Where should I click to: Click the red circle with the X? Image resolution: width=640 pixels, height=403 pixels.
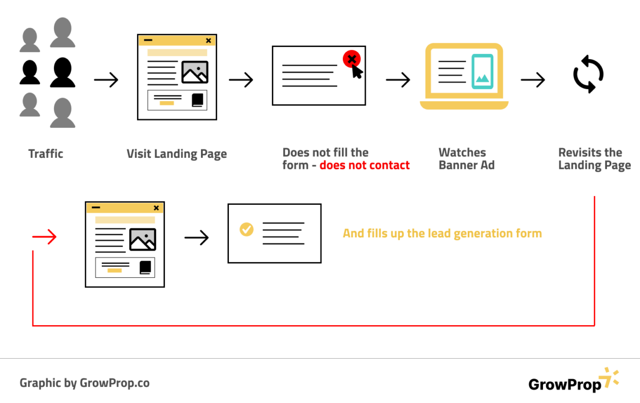click(x=351, y=59)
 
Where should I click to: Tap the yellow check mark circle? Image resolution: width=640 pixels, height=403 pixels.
click(x=246, y=229)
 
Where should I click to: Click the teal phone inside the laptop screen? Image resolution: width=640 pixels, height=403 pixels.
click(x=483, y=71)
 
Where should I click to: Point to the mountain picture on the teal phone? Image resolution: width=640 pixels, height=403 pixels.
click(x=483, y=78)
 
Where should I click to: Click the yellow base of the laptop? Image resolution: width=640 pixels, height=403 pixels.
click(x=464, y=105)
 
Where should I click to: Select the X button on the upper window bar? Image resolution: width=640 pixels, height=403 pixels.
click(x=209, y=41)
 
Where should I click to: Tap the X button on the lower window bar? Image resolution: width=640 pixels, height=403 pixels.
click(x=156, y=208)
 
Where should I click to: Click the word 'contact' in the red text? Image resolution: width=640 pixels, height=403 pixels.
click(x=390, y=166)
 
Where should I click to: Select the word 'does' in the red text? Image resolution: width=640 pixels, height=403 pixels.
click(x=332, y=166)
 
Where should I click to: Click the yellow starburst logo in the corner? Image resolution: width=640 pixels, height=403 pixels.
click(x=609, y=377)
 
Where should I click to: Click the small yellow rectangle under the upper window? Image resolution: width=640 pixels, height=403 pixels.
click(x=167, y=103)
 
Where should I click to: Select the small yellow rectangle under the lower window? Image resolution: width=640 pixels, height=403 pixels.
click(x=115, y=271)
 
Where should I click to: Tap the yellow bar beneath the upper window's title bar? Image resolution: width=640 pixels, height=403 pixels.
click(x=178, y=53)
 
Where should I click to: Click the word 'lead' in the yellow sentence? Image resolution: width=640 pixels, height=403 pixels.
click(x=439, y=233)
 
